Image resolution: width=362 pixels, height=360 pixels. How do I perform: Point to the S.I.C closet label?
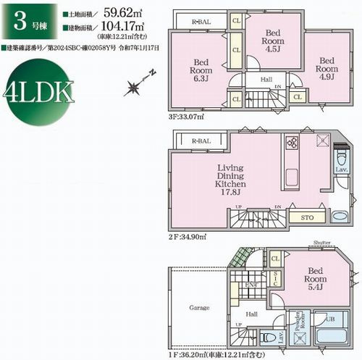pyautogui.click(x=275, y=277)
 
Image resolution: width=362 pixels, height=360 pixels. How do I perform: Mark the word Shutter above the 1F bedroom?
pyautogui.click(x=322, y=243)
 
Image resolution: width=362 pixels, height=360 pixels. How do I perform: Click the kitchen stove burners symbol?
pyautogui.click(x=291, y=142)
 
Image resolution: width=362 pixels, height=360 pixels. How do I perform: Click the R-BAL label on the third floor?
pyautogui.click(x=201, y=22)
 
